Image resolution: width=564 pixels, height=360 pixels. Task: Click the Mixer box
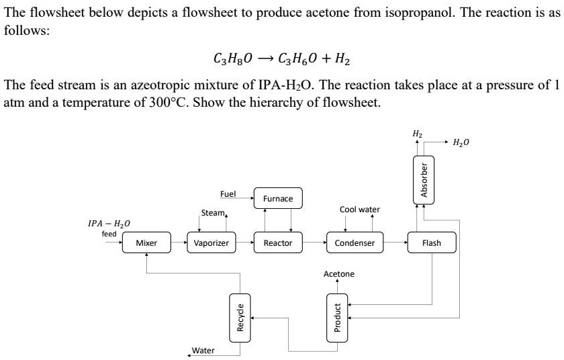pos(146,243)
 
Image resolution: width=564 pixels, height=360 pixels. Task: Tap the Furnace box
pos(277,199)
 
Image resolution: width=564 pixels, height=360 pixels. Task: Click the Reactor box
pos(277,243)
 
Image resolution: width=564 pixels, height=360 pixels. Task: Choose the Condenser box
pos(355,243)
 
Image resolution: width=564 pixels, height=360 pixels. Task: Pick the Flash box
pos(431,243)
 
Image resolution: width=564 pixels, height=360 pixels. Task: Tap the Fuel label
pos(228,194)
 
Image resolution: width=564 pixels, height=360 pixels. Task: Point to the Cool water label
pos(360,210)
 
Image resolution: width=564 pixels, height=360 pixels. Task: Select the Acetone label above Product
pos(339,274)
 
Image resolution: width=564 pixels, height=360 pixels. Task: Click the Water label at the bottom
pos(203,351)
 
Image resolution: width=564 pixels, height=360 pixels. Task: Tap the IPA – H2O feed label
pos(109,227)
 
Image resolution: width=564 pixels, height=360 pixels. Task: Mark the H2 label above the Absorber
pos(417,134)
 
